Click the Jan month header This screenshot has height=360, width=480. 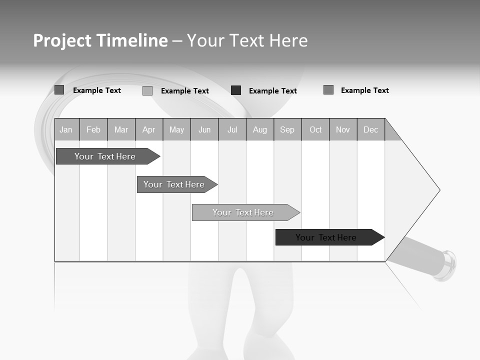(66, 129)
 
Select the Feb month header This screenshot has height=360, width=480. (93, 129)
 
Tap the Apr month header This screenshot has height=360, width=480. (148, 129)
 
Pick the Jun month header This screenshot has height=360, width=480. (204, 129)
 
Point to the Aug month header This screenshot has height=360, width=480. (259, 129)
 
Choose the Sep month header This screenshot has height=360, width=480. (287, 129)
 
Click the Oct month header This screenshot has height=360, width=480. (315, 129)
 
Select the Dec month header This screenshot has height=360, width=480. (370, 129)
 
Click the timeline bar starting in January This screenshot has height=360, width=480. (105, 156)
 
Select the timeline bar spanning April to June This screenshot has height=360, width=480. (174, 184)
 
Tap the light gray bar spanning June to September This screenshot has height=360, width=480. (243, 212)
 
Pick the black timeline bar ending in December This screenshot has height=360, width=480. (326, 237)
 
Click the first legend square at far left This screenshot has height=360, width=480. (59, 90)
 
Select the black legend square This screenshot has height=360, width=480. (236, 90)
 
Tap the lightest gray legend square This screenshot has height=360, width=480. (147, 90)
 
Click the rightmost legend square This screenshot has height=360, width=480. (328, 90)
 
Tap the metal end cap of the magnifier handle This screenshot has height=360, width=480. (447, 265)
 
